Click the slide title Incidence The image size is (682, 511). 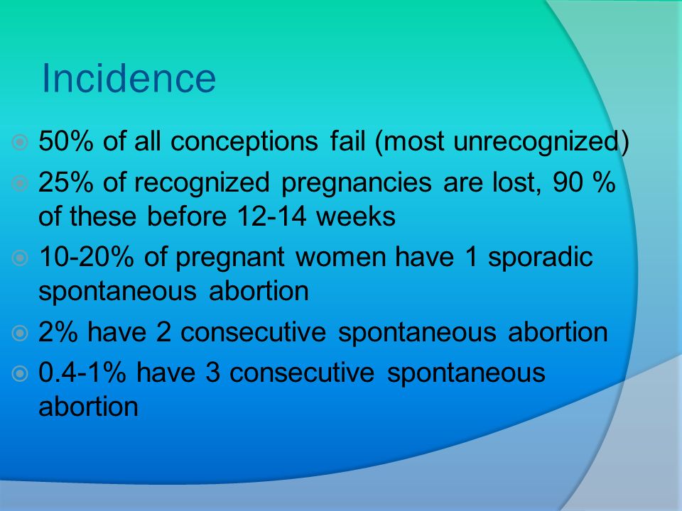tap(129, 78)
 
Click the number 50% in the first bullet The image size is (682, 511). tap(65, 141)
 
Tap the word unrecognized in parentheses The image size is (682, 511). tap(536, 142)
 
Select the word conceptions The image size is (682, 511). tap(244, 142)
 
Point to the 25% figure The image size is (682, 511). tap(65, 182)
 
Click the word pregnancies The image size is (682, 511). tap(357, 183)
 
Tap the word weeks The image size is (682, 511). tap(356, 216)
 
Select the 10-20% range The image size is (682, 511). tap(86, 257)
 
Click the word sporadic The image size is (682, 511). tap(540, 257)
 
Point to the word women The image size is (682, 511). tap(340, 257)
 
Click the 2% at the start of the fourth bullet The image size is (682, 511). tap(58, 332)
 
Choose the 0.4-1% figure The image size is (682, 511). tap(82, 373)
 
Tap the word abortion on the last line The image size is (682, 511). tap(88, 407)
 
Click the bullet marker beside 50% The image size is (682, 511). tap(20, 142)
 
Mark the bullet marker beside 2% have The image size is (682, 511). tap(20, 334)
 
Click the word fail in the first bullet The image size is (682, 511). tap(347, 141)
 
